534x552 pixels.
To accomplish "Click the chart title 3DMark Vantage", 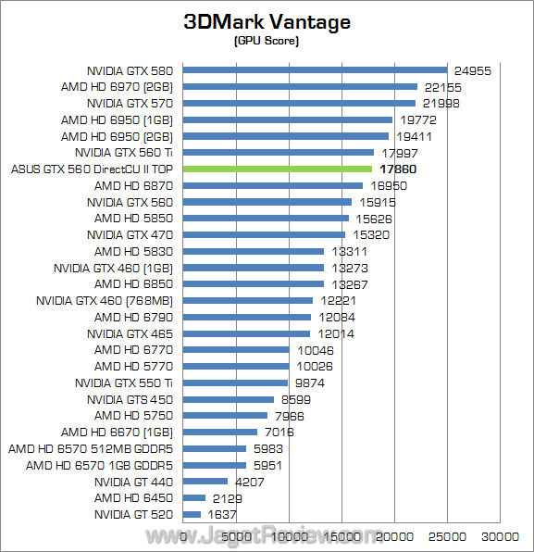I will tap(267, 23).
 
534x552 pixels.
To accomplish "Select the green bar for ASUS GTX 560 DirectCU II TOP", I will tap(278, 169).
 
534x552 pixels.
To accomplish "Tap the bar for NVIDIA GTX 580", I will tap(316, 69).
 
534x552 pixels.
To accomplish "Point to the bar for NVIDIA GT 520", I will tap(192, 514).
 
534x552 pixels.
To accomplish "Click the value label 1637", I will tap(222, 514).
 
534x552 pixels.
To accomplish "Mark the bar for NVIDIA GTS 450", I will tap(229, 399).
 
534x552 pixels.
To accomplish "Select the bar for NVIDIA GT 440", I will tap(205, 481).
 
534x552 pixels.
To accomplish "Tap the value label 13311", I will tap(345, 251).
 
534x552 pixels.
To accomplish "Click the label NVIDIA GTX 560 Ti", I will tap(124, 152).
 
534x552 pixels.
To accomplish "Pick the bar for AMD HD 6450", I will tap(194, 497).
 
